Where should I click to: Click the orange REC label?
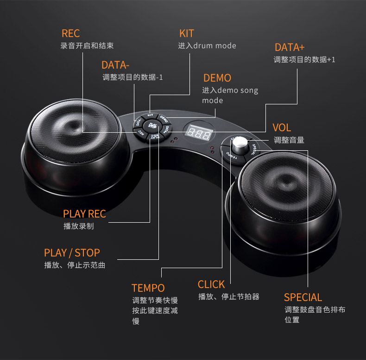click(70, 33)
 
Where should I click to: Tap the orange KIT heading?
click(186, 33)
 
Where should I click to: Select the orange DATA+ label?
click(290, 47)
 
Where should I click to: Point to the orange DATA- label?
click(115, 65)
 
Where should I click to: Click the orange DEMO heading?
click(217, 78)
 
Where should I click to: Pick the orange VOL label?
click(282, 128)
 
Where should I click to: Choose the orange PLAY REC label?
click(84, 213)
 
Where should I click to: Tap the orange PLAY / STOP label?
click(72, 253)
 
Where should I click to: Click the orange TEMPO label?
click(148, 288)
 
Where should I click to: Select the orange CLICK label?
click(211, 284)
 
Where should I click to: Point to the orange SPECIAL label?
click(303, 297)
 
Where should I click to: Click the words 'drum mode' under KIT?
click(215, 46)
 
